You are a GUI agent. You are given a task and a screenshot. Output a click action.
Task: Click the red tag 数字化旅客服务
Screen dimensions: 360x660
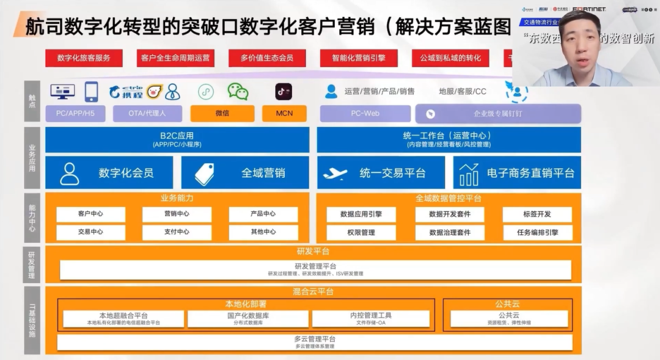84,58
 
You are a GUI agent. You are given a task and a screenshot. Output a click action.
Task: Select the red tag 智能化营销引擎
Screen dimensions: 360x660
359,58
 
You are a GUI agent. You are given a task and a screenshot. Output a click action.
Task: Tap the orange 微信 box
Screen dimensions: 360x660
222,113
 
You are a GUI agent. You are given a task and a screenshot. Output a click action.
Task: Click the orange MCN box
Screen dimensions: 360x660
284,113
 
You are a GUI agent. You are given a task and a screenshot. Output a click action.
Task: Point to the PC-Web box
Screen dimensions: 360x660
365,113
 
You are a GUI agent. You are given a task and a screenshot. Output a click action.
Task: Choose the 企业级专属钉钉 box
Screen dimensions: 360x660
498,113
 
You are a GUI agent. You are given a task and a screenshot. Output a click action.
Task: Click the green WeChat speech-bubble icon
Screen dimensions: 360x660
238,92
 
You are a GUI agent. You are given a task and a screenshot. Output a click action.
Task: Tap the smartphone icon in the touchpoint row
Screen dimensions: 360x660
91,92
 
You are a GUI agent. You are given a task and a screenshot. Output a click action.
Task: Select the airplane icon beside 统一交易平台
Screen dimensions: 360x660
335,174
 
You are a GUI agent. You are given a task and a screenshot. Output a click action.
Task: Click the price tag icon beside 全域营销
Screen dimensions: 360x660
204,174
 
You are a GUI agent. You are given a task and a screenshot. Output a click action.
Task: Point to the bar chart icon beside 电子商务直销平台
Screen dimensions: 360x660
469,174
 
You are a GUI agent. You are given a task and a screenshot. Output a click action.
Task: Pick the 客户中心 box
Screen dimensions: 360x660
90,214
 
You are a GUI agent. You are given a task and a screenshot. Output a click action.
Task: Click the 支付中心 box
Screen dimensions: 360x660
177,232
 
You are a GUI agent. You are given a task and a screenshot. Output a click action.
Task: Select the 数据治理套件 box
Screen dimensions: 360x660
449,232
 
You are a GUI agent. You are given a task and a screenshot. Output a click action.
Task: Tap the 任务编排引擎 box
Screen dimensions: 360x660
537,232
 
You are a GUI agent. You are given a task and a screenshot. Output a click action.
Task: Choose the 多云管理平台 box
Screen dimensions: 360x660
315,342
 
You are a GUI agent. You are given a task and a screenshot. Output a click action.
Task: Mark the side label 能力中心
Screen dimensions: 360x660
32,218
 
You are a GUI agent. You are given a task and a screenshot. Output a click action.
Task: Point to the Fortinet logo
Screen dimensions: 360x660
589,9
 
